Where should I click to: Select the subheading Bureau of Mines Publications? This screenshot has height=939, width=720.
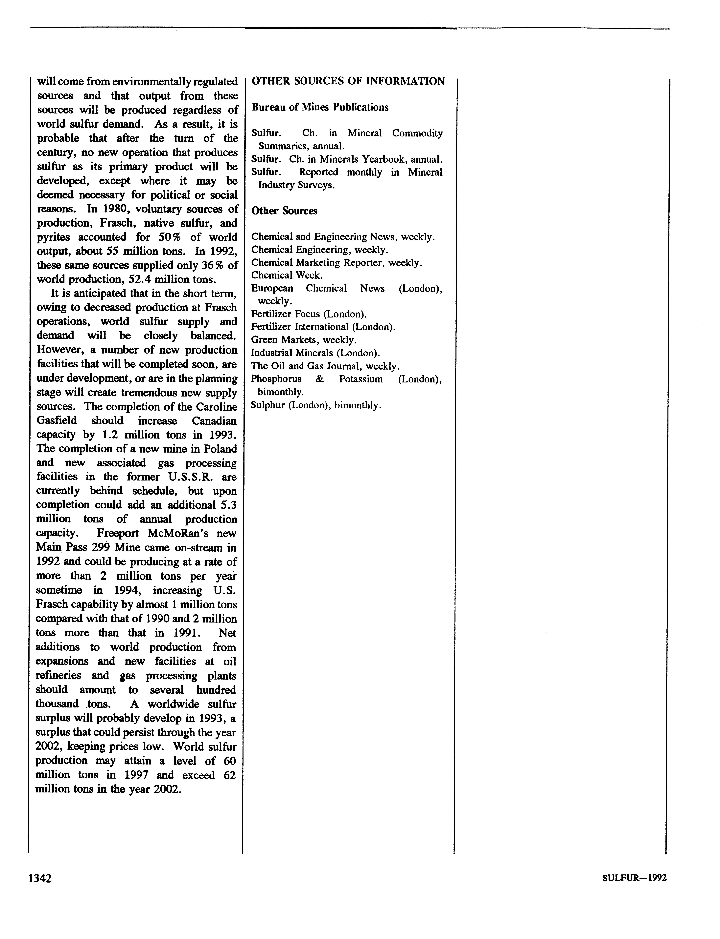point(320,107)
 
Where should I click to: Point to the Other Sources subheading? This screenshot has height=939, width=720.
point(284,211)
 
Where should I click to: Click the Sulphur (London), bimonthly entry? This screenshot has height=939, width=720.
point(316,405)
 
